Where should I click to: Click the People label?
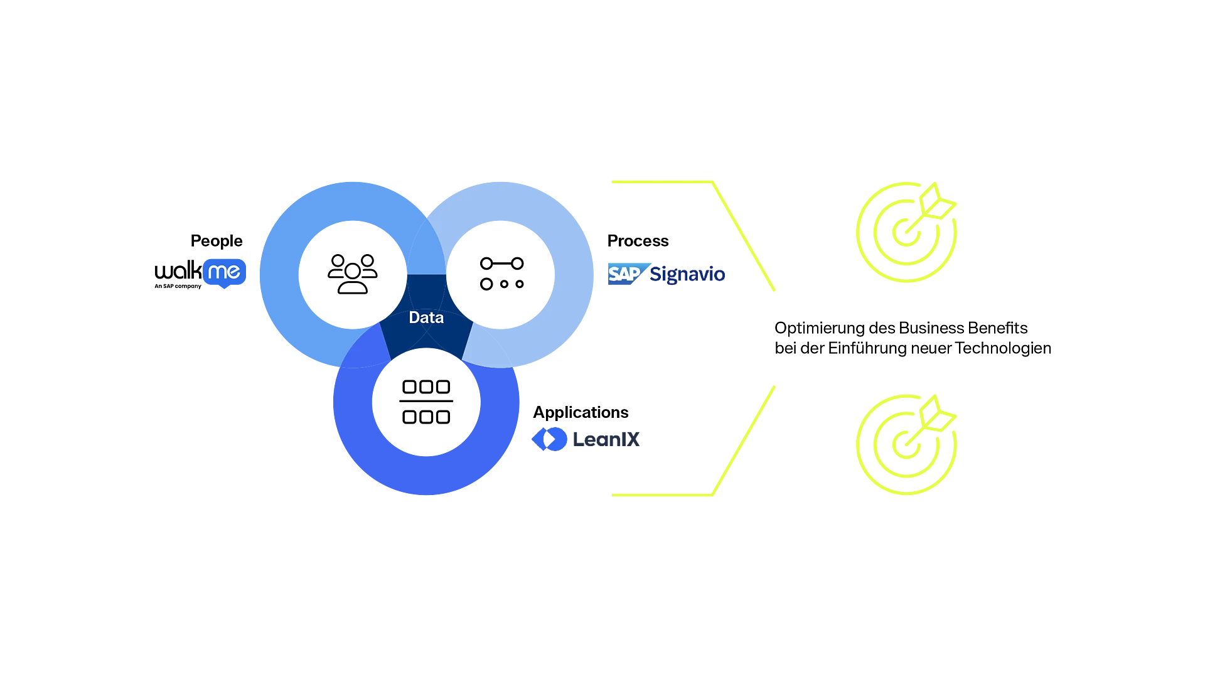[x=217, y=241]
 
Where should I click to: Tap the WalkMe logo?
[x=200, y=274]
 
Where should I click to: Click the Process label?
[x=638, y=241]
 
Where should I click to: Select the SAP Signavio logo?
[x=667, y=274]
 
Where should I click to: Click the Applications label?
[x=581, y=412]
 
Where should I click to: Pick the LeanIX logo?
[x=586, y=439]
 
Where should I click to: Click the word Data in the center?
[x=426, y=317]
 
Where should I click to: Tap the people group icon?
[x=353, y=274]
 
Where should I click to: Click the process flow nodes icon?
[x=501, y=274]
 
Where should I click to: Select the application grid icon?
[x=426, y=402]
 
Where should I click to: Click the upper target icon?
[x=906, y=232]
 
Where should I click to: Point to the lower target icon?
[x=906, y=445]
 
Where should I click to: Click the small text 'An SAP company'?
[x=178, y=286]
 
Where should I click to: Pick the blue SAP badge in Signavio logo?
[x=628, y=274]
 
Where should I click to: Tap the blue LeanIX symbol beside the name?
[x=549, y=439]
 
